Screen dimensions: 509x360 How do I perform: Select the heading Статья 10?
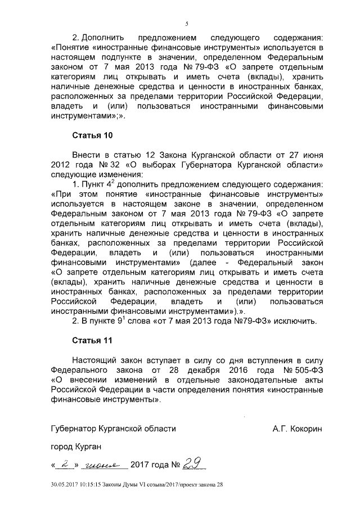pyautogui.click(x=93, y=136)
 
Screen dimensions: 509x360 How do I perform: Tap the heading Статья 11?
pyautogui.click(x=93, y=341)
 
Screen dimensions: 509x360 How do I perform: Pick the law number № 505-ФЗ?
pyautogui.click(x=304, y=372)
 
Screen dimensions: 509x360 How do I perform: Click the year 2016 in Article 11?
pyautogui.click(x=242, y=372)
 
